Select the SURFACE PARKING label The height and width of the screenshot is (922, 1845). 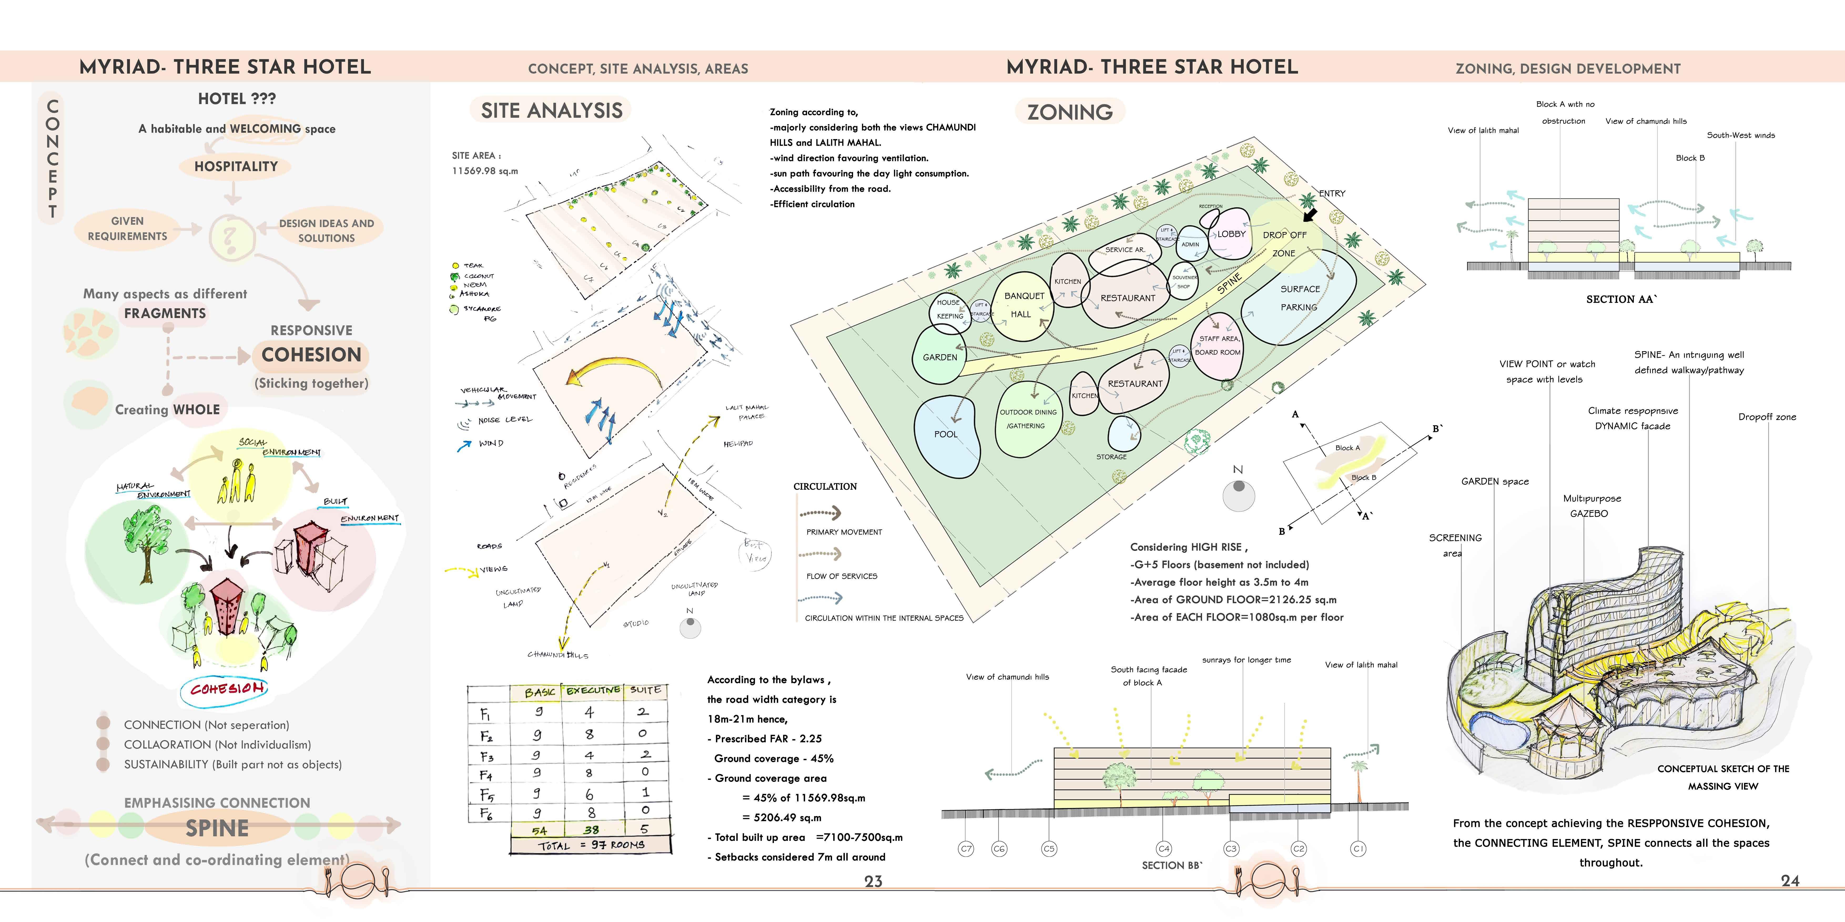coord(1299,298)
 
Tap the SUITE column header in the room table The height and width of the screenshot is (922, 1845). coord(645,690)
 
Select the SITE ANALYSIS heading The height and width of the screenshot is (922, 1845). coord(551,111)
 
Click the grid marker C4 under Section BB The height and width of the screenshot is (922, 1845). coord(1164,849)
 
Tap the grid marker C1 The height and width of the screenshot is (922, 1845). coord(1358,849)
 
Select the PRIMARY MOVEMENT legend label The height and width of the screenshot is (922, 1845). coord(844,532)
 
